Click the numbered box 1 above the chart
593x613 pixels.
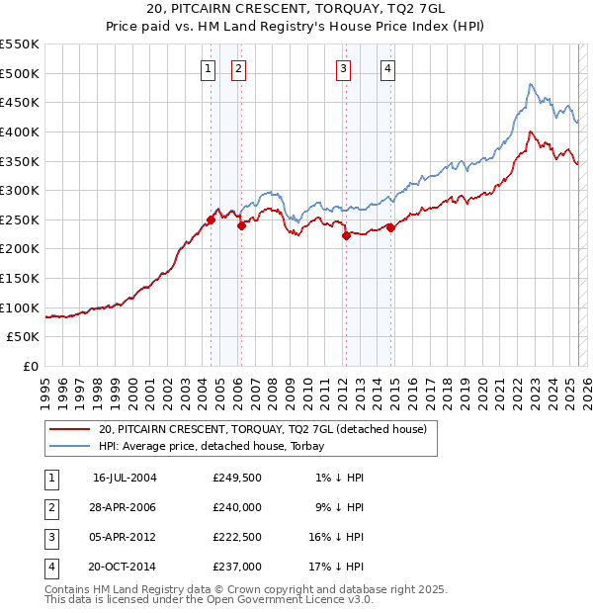(210, 68)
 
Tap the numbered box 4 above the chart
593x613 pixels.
(388, 68)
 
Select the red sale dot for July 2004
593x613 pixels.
(211, 219)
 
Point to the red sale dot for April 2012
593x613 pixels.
(346, 235)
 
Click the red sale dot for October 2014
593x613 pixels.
(390, 227)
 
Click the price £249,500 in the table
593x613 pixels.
(236, 478)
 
